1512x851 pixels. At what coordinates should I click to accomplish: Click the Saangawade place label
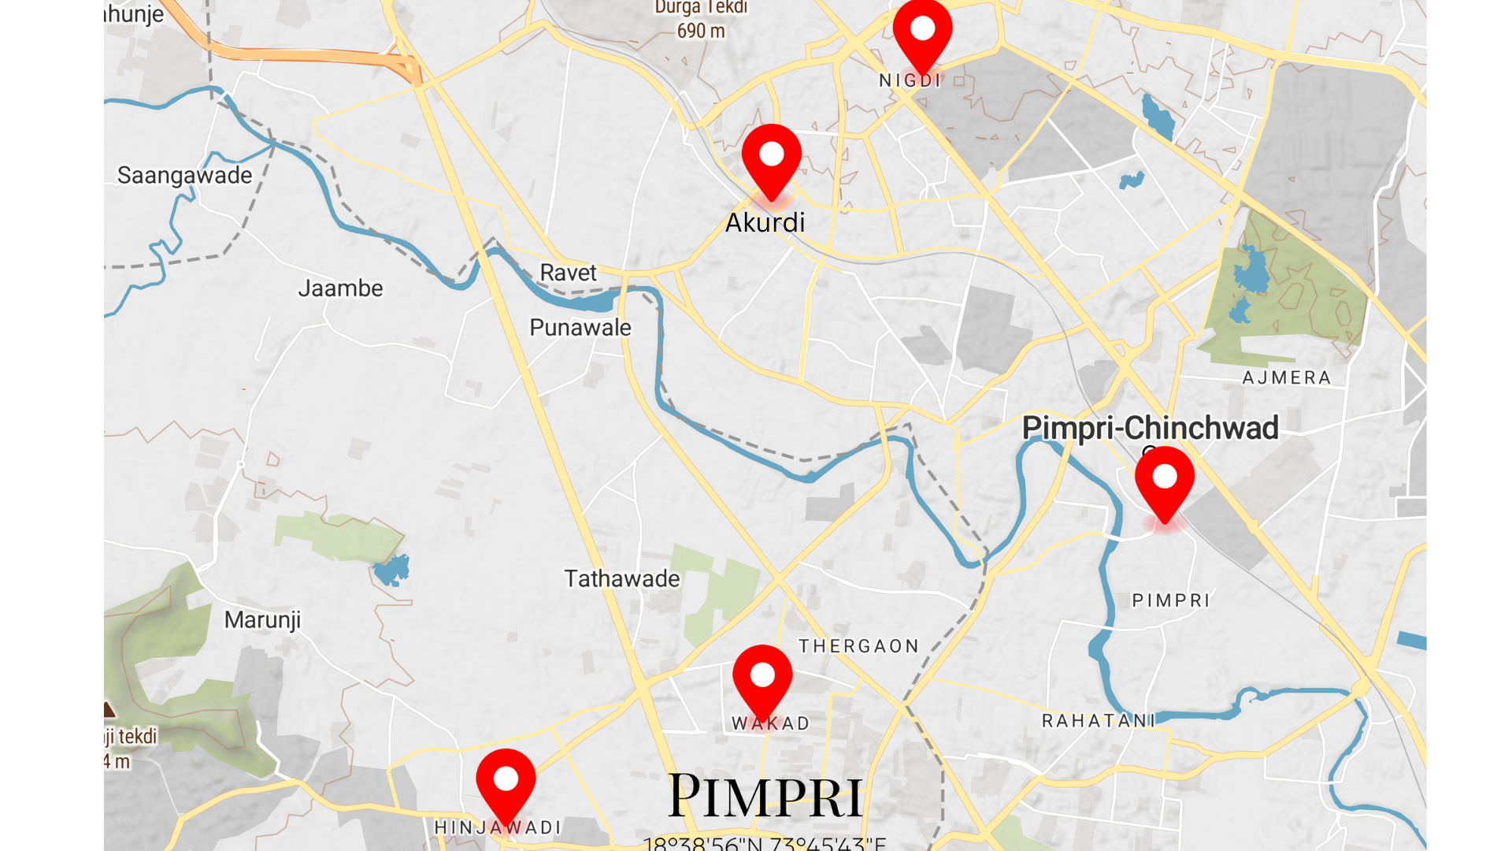(184, 175)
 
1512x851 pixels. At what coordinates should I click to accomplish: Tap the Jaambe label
(340, 288)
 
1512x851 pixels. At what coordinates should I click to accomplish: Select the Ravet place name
(568, 273)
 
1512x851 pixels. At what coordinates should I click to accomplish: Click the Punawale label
(580, 328)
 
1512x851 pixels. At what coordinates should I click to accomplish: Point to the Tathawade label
(621, 579)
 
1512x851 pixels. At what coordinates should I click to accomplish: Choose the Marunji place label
(262, 620)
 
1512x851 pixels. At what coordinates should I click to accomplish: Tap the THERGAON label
(858, 646)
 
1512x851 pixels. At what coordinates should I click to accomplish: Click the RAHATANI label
(1098, 721)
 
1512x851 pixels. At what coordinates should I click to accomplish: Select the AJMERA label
(1286, 378)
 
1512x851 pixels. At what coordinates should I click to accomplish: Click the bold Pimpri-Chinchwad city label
(1150, 428)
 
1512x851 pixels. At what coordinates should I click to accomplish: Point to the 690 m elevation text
(701, 32)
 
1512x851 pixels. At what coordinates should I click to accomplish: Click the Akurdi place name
(765, 223)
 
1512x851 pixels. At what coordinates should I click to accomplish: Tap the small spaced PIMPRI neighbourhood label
(1170, 600)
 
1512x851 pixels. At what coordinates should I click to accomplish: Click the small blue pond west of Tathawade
(391, 570)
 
